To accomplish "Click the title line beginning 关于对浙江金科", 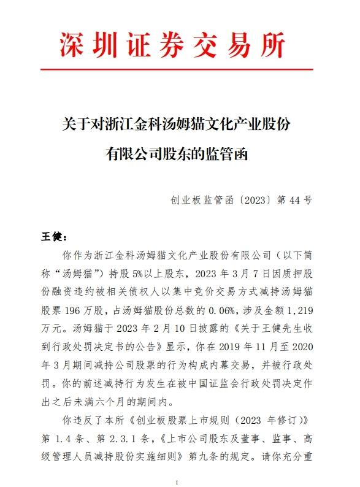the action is [x=177, y=124].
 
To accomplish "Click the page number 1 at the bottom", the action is [x=177, y=481].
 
